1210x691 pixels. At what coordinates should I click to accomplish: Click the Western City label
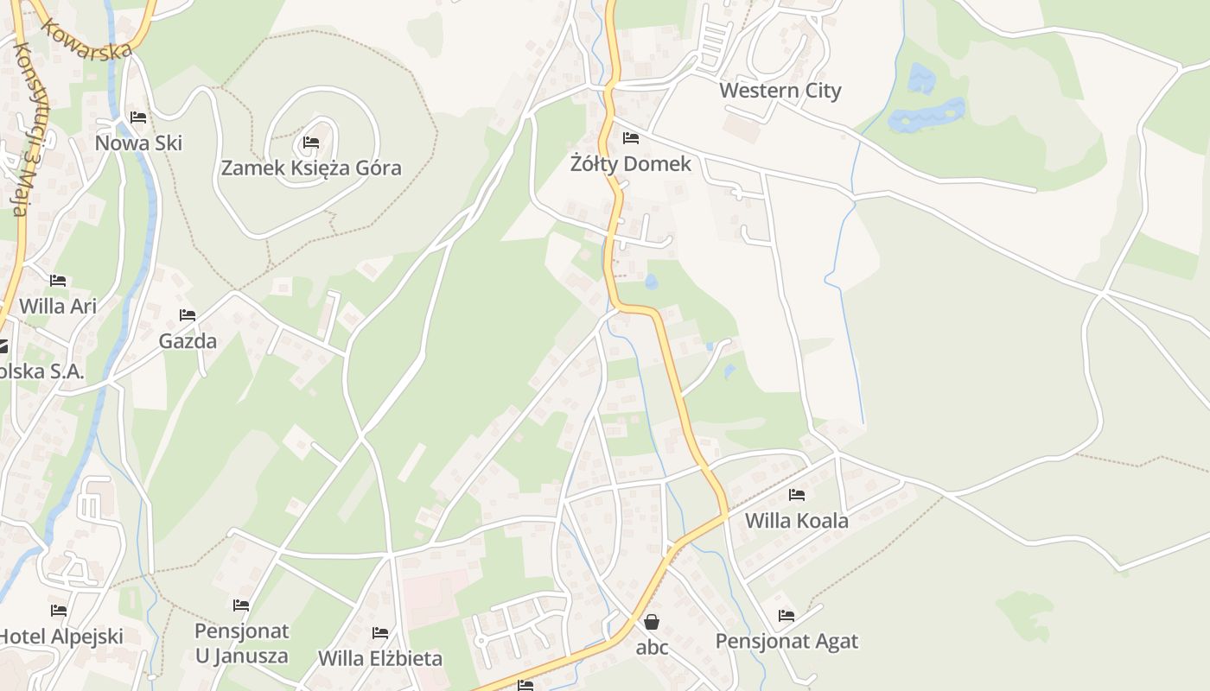[780, 91]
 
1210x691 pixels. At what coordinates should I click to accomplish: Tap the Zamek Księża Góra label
[311, 168]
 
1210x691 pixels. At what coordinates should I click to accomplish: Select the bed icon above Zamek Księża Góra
[311, 143]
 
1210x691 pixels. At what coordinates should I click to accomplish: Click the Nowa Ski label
[138, 143]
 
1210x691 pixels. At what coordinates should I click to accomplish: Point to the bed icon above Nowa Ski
[138, 117]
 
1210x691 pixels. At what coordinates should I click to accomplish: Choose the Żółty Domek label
[631, 163]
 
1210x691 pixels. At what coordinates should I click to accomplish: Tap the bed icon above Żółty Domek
[631, 138]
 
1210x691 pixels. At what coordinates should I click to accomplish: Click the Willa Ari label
[58, 306]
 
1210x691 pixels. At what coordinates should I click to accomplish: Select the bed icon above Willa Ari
[58, 281]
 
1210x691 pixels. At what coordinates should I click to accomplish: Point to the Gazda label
[188, 341]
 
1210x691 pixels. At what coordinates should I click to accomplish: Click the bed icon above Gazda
[188, 315]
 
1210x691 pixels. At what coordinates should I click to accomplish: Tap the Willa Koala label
[797, 521]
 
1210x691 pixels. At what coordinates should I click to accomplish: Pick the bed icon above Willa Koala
[797, 495]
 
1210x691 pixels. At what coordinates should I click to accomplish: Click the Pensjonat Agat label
[786, 641]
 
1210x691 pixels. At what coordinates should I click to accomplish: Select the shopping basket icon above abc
[652, 622]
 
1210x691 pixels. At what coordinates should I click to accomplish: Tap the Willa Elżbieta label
[380, 658]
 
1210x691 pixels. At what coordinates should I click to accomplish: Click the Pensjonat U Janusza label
[241, 643]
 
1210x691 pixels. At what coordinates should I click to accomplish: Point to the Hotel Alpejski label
[60, 637]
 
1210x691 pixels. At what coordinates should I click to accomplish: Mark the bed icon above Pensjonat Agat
[786, 616]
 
